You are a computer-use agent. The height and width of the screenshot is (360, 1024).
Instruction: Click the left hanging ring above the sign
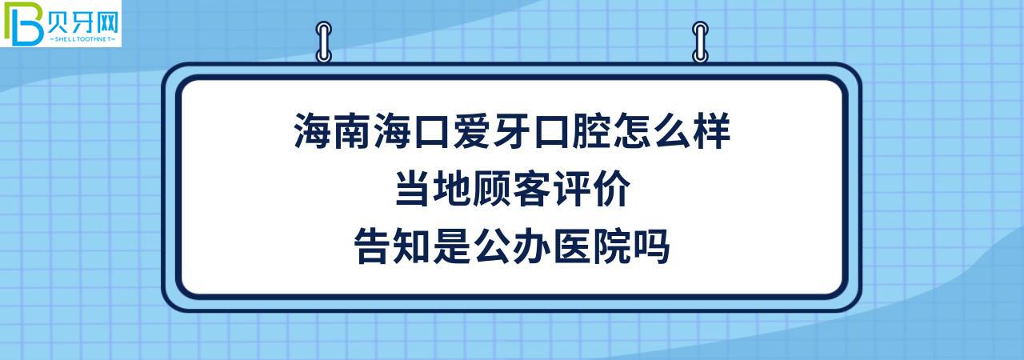coord(324,42)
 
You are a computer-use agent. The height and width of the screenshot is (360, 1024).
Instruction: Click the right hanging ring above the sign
coord(700,42)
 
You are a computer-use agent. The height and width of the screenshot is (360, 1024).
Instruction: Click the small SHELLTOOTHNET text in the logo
coord(83,38)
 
